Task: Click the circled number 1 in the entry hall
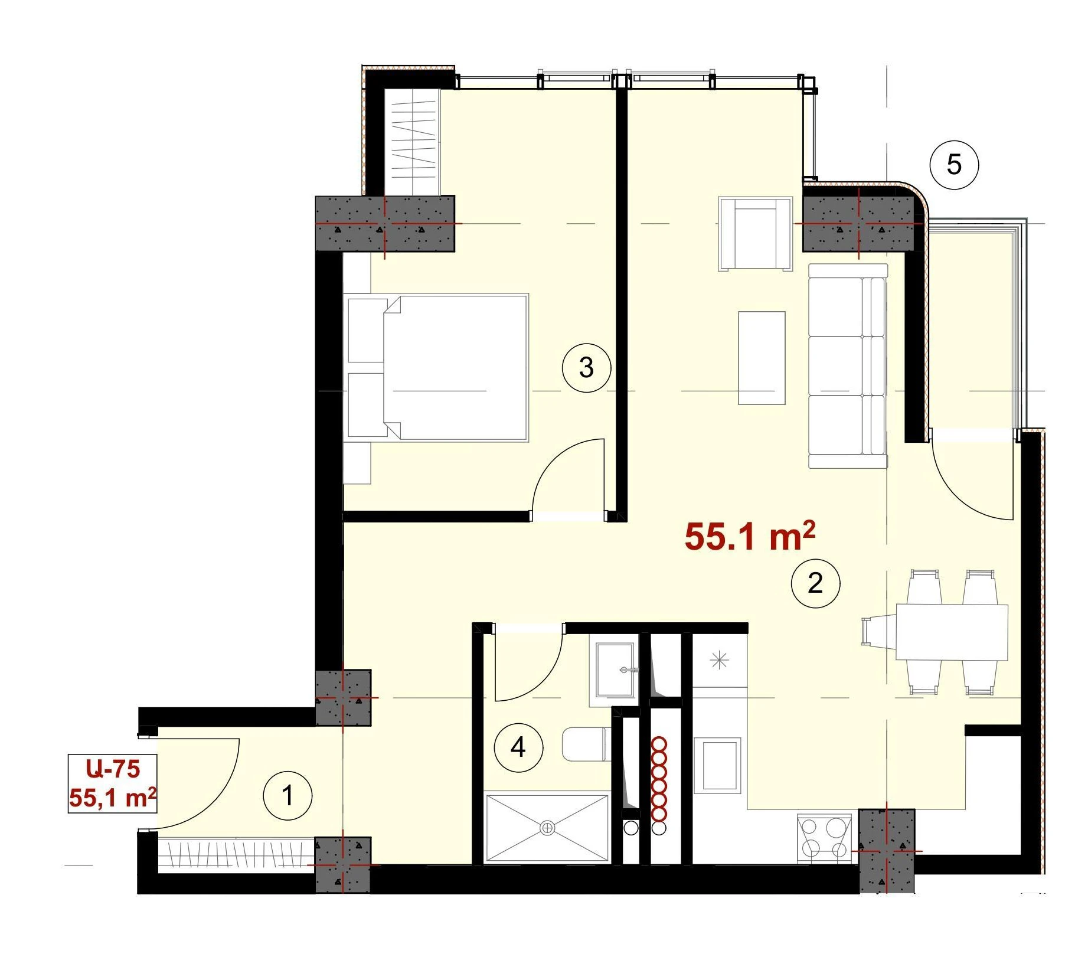point(287,795)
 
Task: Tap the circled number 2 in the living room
point(815,583)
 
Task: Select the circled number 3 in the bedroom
point(586,367)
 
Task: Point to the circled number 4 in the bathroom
point(518,747)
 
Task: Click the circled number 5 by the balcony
point(954,165)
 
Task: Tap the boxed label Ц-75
point(113,769)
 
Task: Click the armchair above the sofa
point(755,234)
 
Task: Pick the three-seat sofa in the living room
point(848,366)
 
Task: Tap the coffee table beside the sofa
point(762,358)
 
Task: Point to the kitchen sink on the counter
point(717,765)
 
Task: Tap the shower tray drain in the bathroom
point(547,828)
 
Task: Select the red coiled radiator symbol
point(658,779)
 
